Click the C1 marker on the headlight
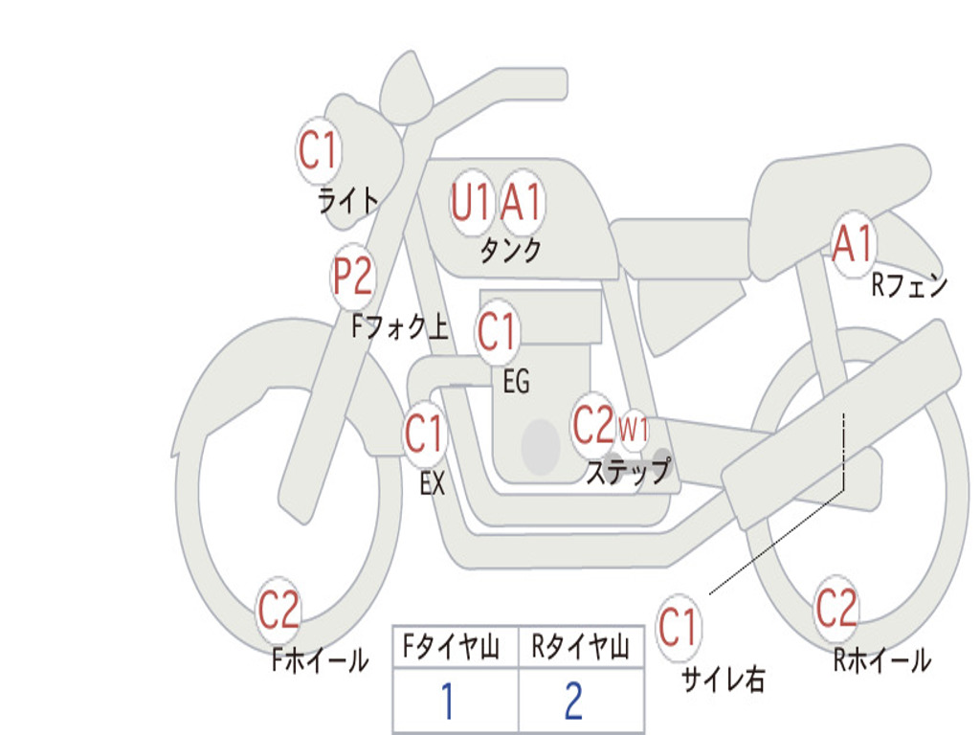[319, 149]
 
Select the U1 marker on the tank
[471, 202]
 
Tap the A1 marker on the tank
[522, 202]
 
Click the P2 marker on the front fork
[352, 278]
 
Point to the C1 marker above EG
[497, 332]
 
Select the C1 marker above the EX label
[424, 435]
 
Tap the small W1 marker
[634, 429]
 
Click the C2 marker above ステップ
[592, 424]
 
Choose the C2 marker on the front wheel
[278, 611]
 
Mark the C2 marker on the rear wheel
[835, 607]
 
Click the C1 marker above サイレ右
[679, 628]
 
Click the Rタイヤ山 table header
[580, 649]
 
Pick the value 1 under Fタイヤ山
[447, 702]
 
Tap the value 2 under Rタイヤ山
[573, 702]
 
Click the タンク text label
[510, 251]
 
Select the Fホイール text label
[320, 660]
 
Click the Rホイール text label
[881, 659]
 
